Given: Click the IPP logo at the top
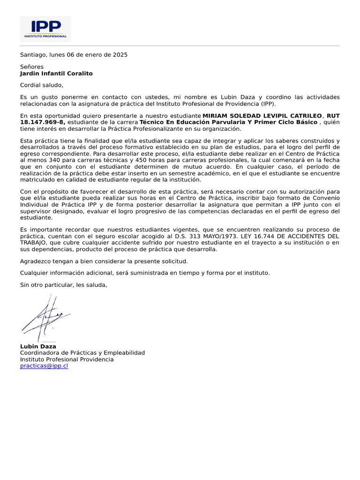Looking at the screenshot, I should [45, 29].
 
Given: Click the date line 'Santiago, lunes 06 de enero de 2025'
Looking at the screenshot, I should [74, 54].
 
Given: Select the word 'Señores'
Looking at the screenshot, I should [32, 67].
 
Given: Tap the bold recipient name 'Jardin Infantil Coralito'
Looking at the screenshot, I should [56, 74].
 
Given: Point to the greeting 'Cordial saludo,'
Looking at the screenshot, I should [41, 85].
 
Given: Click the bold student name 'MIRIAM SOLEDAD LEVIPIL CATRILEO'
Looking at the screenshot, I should [262, 116].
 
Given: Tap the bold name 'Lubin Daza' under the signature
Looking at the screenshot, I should [38, 346].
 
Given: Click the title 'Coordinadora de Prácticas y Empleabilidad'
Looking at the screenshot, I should [82, 352].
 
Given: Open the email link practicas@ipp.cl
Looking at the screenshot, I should [44, 366].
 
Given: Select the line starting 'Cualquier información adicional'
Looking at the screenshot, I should [145, 273].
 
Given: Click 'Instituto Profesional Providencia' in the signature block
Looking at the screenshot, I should [67, 359].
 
